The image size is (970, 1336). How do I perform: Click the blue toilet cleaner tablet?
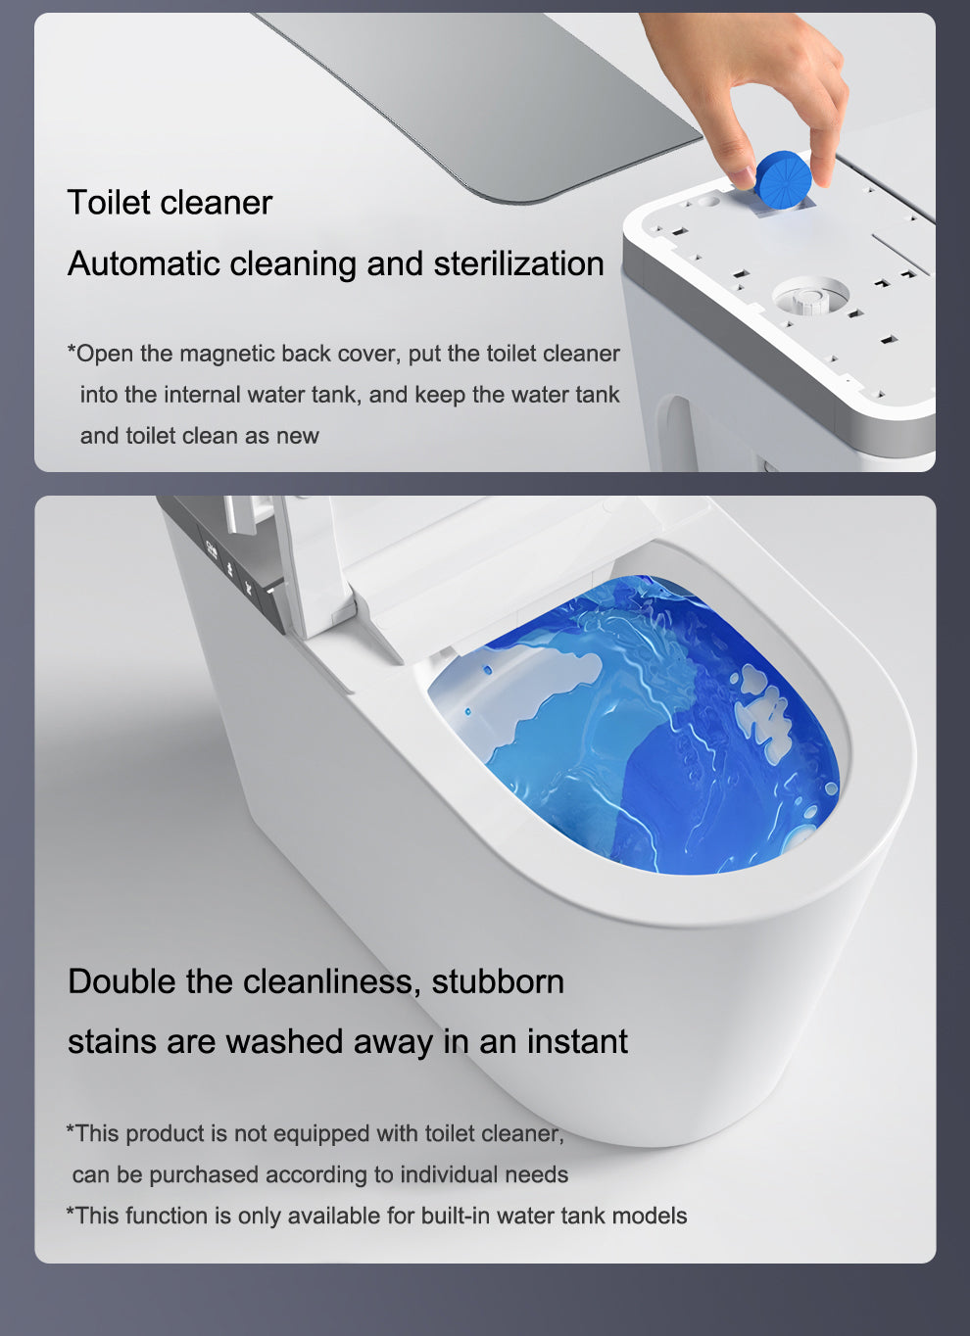pyautogui.click(x=783, y=179)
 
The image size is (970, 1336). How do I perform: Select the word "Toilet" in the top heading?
pyautogui.click(x=109, y=202)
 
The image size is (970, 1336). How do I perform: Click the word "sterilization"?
pyautogui.click(x=518, y=263)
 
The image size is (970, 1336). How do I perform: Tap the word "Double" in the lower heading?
pyautogui.click(x=121, y=981)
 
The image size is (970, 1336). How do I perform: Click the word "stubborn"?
pyautogui.click(x=498, y=981)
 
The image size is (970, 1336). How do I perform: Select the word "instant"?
pyautogui.click(x=577, y=1041)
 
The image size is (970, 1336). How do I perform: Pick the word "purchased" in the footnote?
pyautogui.click(x=203, y=1175)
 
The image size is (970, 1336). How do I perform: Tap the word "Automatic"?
pyautogui.click(x=144, y=263)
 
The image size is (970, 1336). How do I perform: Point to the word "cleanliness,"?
pyautogui.click(x=327, y=981)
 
